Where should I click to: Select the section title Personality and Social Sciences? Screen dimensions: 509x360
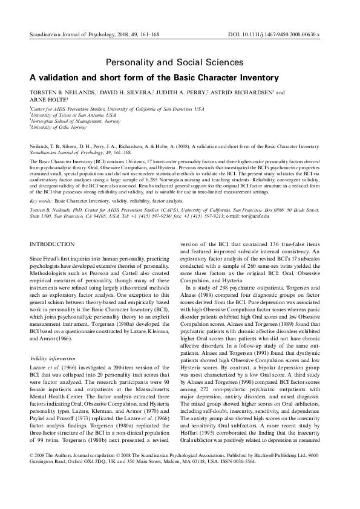pyautogui.click(x=175, y=62)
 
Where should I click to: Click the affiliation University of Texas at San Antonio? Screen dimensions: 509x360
pyautogui.click(x=73, y=114)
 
